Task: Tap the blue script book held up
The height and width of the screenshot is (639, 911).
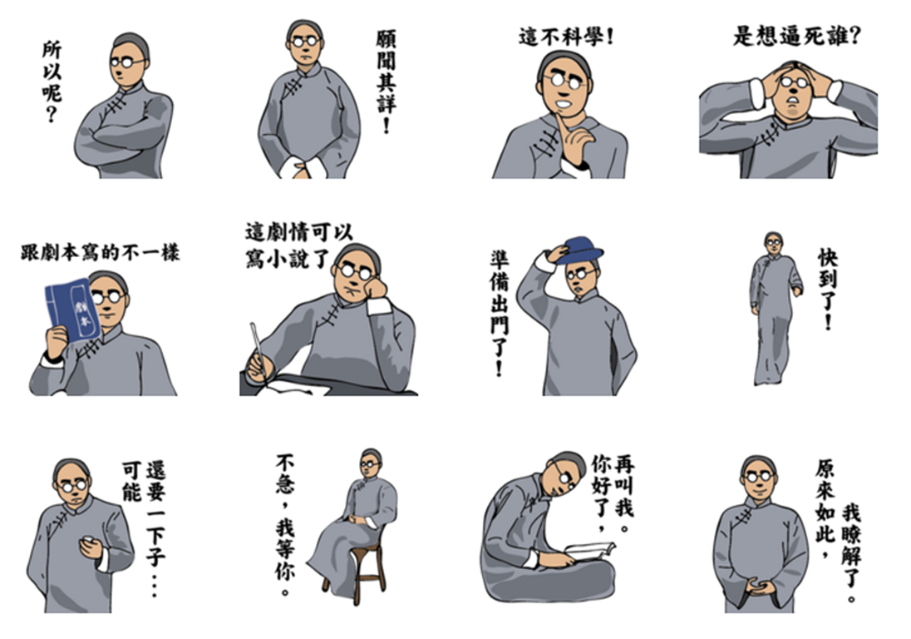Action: coord(72,311)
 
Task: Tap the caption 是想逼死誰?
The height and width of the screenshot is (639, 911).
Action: coord(796,36)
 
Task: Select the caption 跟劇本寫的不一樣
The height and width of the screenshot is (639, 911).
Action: coord(100,253)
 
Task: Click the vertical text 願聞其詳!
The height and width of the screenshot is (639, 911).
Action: coord(386,82)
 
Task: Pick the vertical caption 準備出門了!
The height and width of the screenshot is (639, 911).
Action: coord(499,313)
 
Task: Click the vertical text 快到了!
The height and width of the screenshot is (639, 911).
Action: coord(828,289)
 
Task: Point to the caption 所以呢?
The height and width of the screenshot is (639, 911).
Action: coord(52,82)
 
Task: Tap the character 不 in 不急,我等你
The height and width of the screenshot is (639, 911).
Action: coord(285,464)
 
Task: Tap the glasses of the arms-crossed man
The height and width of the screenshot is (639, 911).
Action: coord(128,62)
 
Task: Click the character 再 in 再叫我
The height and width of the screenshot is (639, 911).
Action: coord(623,465)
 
